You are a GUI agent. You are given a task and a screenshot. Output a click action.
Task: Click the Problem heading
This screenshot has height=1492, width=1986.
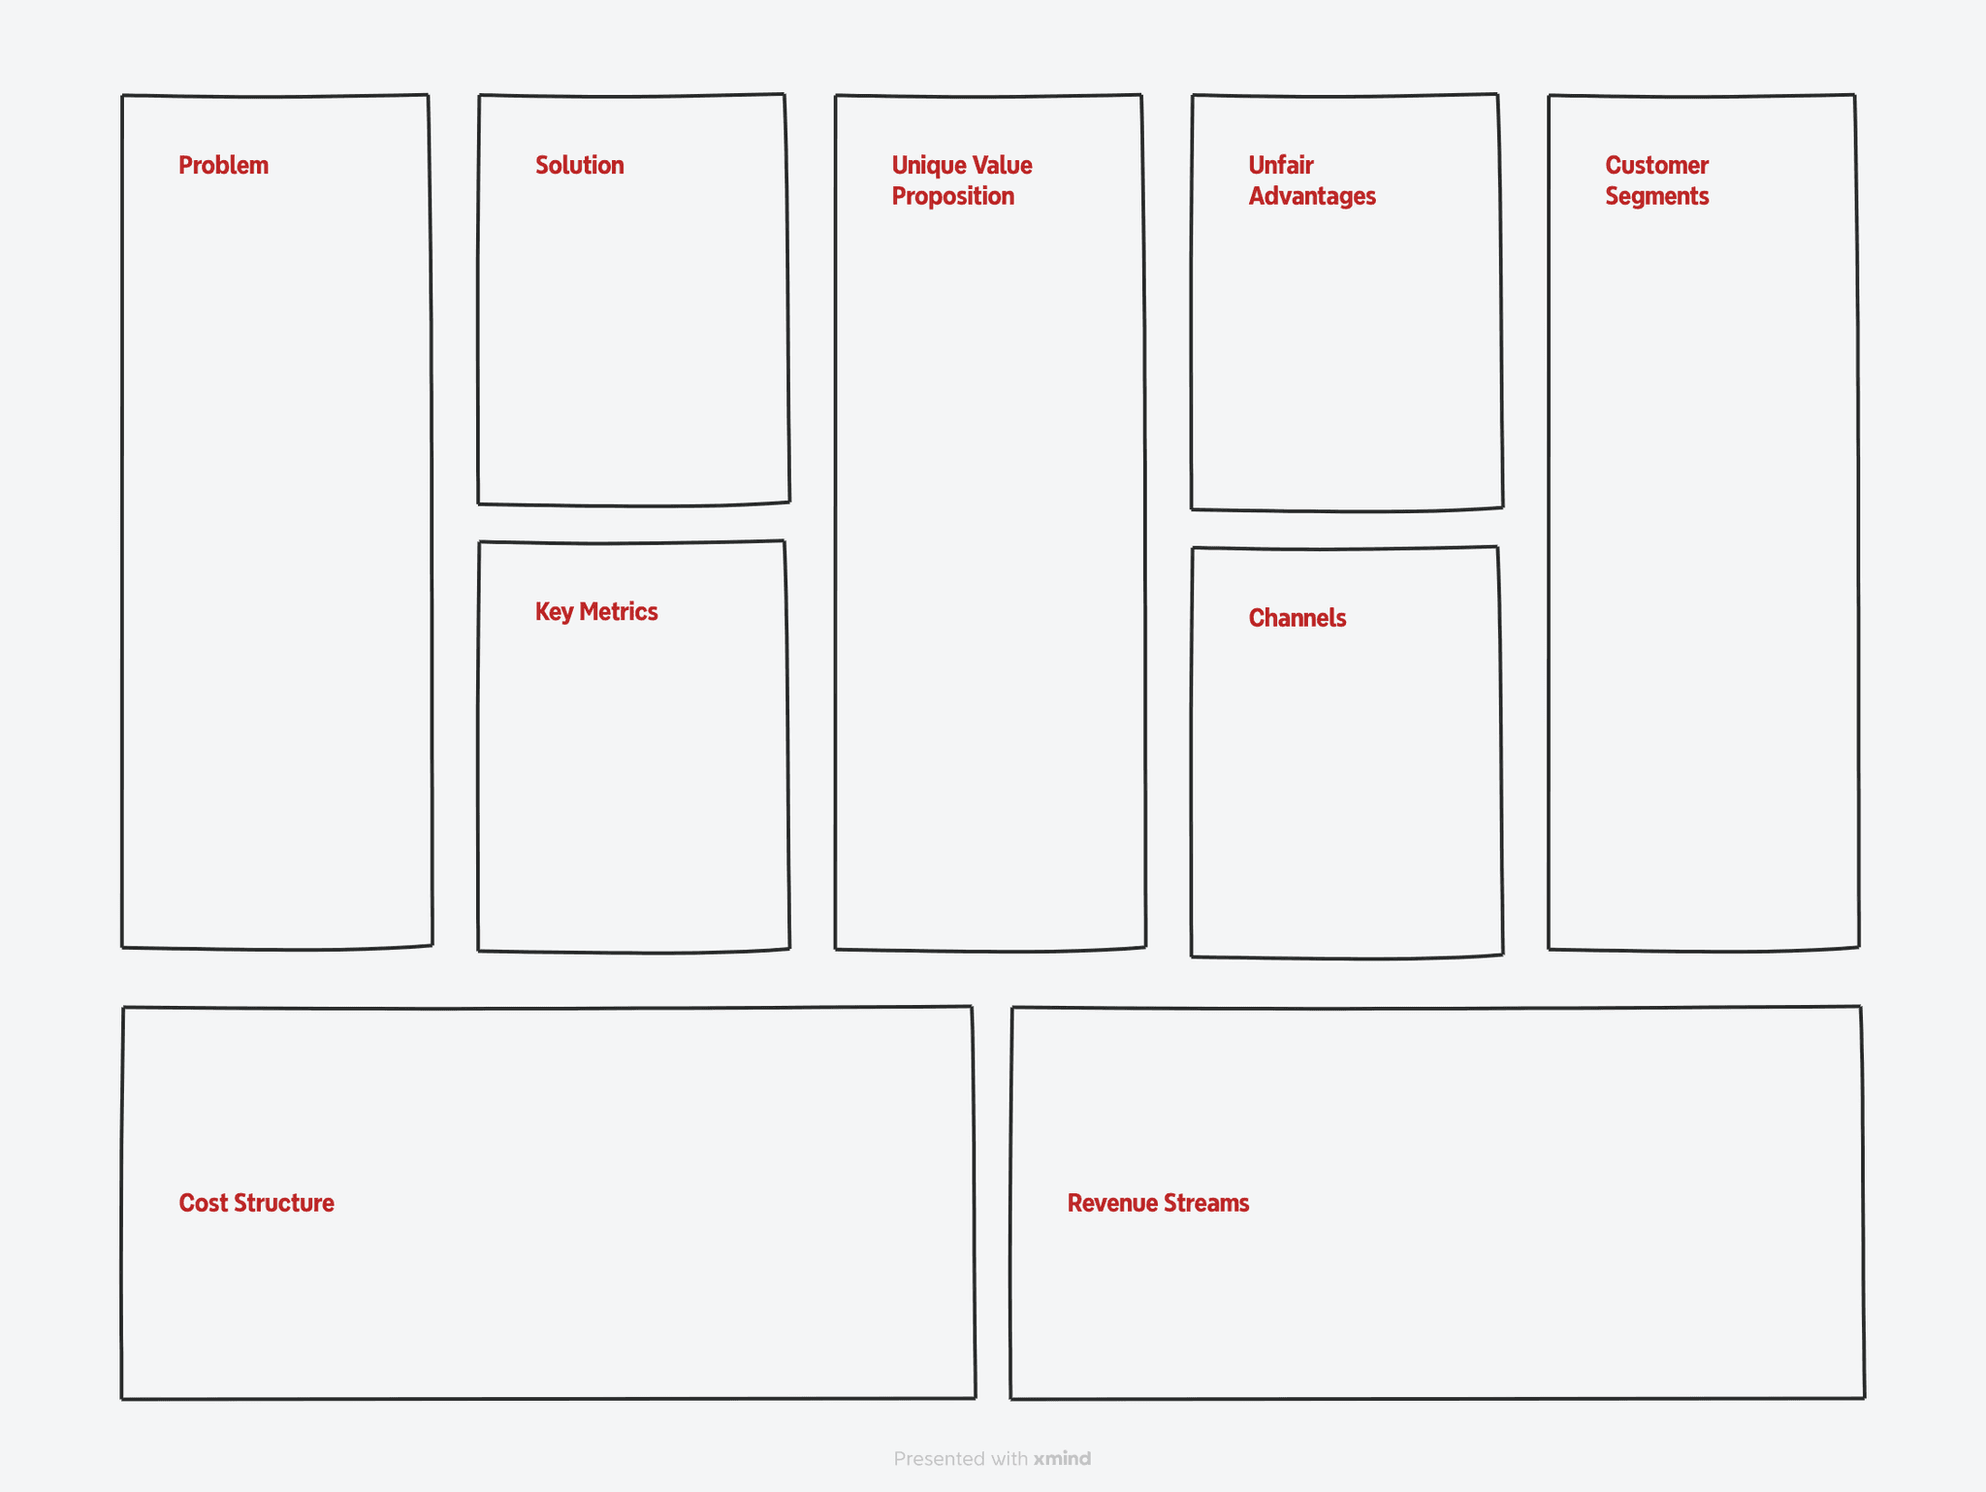[x=223, y=166]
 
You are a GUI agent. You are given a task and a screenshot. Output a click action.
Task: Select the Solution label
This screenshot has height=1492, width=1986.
[x=579, y=166]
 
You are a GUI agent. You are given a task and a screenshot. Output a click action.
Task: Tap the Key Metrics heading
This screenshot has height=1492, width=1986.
[x=596, y=612]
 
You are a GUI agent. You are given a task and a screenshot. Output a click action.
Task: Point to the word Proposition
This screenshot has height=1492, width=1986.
[x=952, y=197]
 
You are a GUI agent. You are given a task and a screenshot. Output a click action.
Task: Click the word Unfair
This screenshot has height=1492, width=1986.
[x=1280, y=166]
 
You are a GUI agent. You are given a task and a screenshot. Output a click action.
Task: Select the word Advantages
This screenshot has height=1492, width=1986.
[x=1311, y=197]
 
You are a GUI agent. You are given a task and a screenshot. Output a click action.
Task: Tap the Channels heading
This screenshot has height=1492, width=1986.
[x=1297, y=618]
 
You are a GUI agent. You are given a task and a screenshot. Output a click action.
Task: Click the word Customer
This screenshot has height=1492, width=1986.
[x=1656, y=166]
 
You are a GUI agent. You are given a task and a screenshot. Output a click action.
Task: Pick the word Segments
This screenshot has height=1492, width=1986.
[x=1656, y=197]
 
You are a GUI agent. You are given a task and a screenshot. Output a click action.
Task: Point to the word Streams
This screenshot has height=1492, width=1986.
[x=1205, y=1203]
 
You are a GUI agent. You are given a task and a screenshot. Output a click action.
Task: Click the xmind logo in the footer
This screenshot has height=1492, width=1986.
[x=1062, y=1459]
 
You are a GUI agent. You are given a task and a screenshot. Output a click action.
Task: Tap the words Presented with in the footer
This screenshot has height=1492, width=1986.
[x=960, y=1459]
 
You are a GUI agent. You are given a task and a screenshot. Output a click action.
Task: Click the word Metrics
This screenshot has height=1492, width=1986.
[x=618, y=612]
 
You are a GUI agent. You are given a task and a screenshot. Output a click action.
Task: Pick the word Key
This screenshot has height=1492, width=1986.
[x=554, y=612]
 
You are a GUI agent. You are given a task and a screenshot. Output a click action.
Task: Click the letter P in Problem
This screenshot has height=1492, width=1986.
[x=185, y=166]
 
